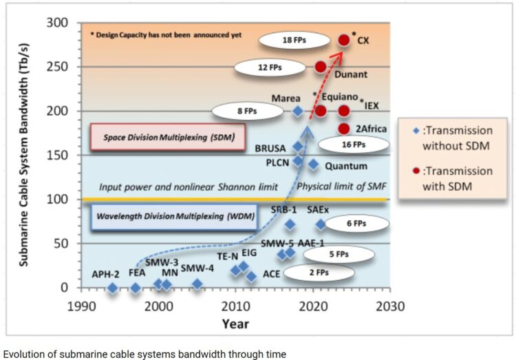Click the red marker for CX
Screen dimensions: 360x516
pos(344,40)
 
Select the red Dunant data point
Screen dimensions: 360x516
pos(321,67)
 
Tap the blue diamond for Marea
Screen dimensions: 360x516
pos(298,111)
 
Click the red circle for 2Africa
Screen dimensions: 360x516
pos(344,129)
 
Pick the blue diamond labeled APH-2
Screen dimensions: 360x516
pos(112,288)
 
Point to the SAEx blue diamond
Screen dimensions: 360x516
pos(321,224)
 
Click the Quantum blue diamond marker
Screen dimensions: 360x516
pos(313,165)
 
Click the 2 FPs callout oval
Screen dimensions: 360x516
pos(316,273)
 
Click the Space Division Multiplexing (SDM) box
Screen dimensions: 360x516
pos(169,137)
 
